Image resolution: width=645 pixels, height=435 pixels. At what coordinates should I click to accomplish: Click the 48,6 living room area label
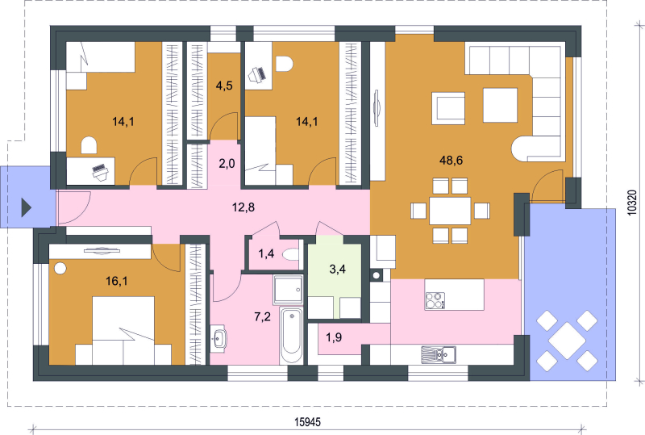pos(451,161)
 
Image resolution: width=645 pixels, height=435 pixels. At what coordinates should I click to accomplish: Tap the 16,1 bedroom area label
pos(116,282)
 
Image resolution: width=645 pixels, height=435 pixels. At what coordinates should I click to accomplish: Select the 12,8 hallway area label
pos(243,207)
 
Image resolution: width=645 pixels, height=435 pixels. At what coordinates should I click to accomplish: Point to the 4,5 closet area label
pos(224,86)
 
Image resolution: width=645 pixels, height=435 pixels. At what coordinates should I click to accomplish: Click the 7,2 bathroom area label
pos(263,317)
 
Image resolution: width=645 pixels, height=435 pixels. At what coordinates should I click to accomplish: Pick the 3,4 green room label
pos(337,270)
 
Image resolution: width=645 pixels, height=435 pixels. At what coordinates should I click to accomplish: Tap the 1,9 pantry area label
pos(334,338)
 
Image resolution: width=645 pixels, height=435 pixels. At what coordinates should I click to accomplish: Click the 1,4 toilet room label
pos(266,253)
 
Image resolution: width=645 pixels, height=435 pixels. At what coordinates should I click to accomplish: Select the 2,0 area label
pos(227,164)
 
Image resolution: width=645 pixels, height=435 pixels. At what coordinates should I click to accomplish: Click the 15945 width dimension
pos(307,422)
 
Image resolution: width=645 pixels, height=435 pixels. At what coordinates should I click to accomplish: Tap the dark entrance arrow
pos(27,207)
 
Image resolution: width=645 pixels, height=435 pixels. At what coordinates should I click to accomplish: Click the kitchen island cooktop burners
pos(435,300)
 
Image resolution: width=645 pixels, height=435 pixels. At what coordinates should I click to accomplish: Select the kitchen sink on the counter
pos(439,354)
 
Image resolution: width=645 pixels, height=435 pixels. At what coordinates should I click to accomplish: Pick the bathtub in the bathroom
pos(292,335)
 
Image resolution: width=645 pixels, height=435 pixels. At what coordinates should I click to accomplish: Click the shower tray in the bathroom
pos(289,290)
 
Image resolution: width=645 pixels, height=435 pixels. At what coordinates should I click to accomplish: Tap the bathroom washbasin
pos(218,339)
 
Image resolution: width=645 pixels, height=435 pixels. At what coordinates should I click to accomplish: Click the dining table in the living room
pos(450,211)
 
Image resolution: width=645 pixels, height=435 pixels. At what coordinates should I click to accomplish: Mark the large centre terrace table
pos(567,341)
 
